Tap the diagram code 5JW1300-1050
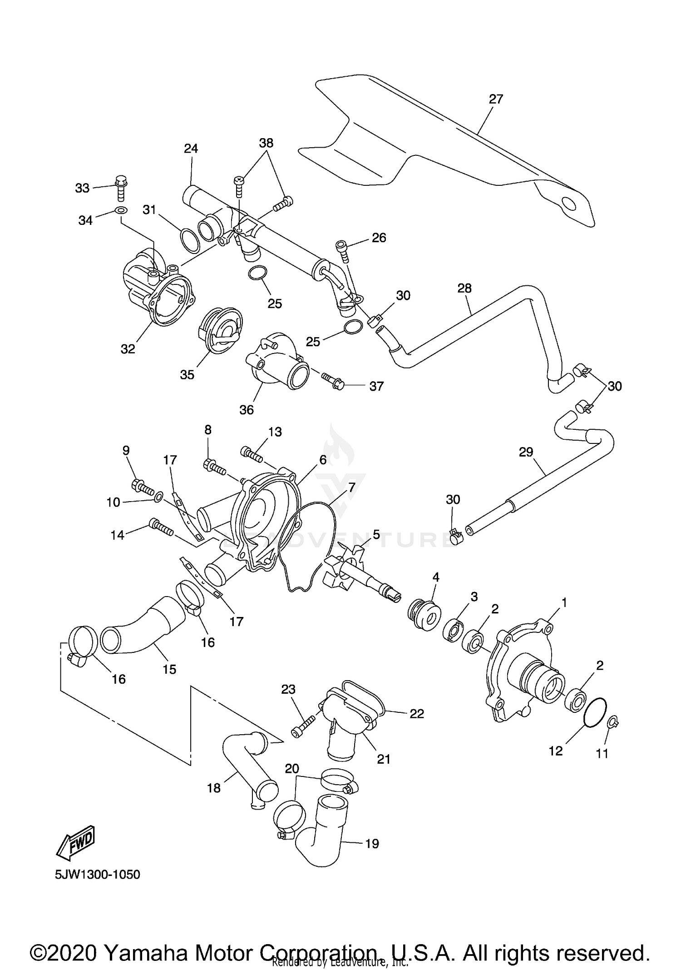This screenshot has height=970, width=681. click(98, 874)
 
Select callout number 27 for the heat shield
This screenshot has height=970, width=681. click(496, 99)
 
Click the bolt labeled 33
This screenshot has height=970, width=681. click(121, 188)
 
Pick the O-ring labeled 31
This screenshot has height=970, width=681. click(190, 240)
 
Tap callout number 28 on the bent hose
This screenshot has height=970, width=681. click(464, 288)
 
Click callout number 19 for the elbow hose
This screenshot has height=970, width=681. click(372, 844)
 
